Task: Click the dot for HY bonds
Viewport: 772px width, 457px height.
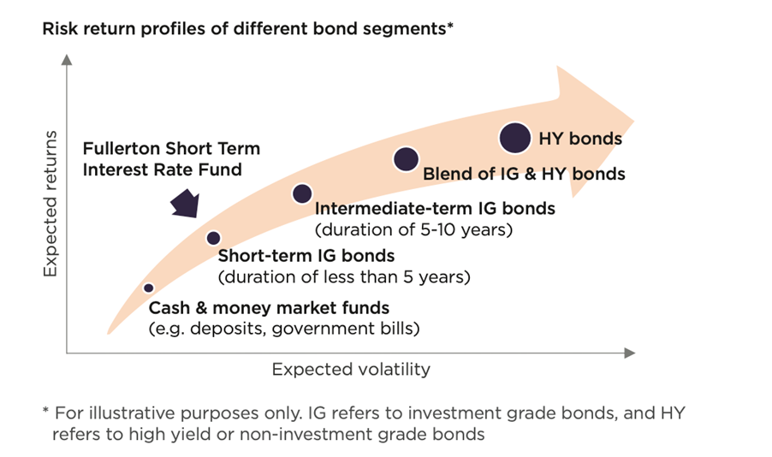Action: click(x=515, y=138)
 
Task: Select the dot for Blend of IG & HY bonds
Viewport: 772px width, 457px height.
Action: click(x=407, y=159)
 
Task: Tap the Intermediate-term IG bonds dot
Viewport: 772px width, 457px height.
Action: click(x=302, y=193)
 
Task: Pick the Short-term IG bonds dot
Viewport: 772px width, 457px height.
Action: click(x=213, y=239)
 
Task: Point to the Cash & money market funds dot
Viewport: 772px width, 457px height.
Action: click(x=148, y=288)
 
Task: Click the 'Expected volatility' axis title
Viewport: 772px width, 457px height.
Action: click(x=351, y=370)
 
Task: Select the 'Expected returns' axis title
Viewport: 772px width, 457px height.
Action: click(x=50, y=204)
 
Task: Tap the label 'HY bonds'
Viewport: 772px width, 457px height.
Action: click(x=580, y=139)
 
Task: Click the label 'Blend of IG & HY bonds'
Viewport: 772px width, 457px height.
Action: click(x=524, y=174)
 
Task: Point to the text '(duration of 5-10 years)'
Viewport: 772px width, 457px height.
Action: click(x=413, y=229)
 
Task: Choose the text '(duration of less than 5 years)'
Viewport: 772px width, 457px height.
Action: click(x=344, y=276)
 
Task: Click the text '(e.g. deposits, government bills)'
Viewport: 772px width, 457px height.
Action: click(x=284, y=328)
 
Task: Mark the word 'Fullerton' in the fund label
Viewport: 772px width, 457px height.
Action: click(x=122, y=148)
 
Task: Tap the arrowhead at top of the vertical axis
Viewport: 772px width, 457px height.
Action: click(x=67, y=60)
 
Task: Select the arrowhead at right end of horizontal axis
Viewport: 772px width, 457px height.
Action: click(x=630, y=353)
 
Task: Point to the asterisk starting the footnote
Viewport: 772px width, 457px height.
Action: click(x=45, y=410)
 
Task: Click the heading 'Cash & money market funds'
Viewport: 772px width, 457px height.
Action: click(x=269, y=308)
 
